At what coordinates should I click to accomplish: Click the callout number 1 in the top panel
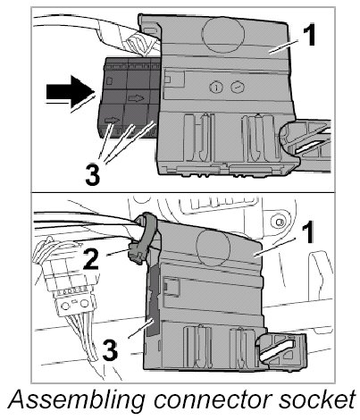309,36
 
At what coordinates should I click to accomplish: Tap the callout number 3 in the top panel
92,175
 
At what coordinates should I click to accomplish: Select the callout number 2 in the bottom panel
90,259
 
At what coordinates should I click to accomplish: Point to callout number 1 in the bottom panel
307,232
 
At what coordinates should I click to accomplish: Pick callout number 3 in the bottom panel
110,350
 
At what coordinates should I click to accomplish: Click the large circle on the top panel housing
222,32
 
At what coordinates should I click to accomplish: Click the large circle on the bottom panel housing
213,246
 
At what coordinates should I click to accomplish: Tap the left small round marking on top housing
216,88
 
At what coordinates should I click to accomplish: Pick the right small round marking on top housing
238,88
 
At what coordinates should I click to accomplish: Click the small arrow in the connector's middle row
137,98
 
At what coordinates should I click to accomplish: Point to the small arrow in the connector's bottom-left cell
113,121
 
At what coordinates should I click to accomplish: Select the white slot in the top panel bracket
311,147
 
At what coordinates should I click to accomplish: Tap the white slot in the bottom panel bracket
276,351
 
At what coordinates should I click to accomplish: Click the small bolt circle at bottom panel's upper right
279,222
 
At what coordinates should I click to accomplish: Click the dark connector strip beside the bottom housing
153,298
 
